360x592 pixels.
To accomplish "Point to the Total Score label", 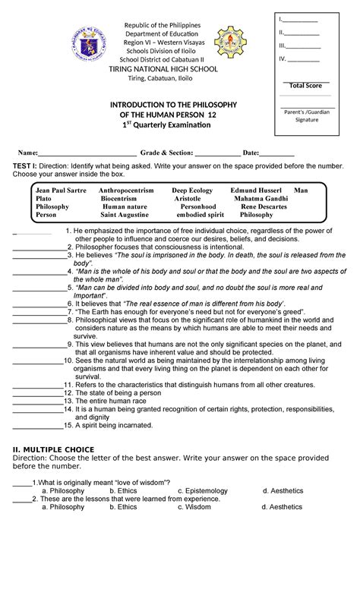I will pyautogui.click(x=305, y=86).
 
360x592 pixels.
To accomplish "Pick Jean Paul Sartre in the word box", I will pyautogui.click(x=59, y=188).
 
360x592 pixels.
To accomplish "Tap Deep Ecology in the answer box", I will pyautogui.click(x=192, y=188).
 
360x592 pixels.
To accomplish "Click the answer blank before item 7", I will pyautogui.click(x=38, y=311).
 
